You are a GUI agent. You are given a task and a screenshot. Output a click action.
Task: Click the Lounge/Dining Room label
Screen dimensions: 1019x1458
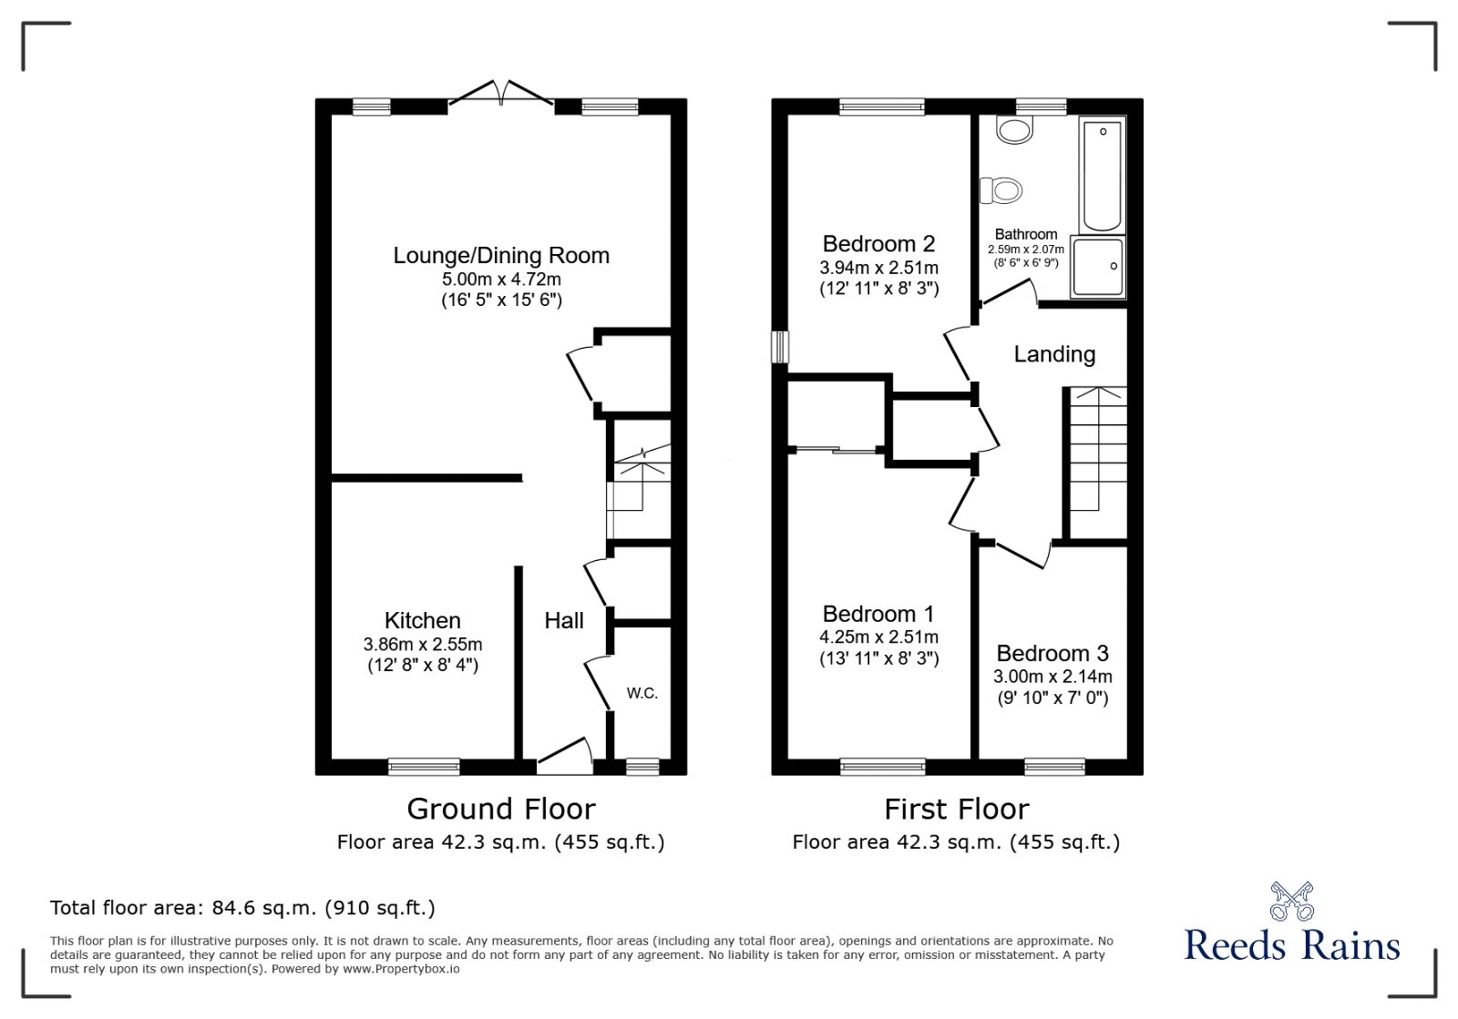[501, 256]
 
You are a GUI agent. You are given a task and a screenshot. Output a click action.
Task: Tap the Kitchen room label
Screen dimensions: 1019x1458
[422, 621]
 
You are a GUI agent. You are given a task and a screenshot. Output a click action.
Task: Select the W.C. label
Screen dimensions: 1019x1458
[642, 693]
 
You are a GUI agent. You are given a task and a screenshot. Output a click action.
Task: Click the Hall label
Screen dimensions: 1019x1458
[563, 621]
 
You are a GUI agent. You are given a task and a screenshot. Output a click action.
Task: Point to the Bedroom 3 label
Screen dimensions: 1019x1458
[1052, 654]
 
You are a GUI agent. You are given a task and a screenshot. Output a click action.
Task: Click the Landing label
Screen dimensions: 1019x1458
[1054, 354]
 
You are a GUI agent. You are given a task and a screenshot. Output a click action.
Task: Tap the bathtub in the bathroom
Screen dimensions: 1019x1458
[1102, 173]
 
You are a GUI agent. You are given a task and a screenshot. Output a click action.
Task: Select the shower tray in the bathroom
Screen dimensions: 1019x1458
[1098, 268]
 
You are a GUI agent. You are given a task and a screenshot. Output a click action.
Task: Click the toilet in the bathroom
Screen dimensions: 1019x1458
[1001, 190]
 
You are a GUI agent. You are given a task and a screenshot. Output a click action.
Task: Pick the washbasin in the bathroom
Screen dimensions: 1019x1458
[1014, 130]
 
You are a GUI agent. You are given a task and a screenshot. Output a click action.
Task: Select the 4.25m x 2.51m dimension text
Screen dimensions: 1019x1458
[878, 637]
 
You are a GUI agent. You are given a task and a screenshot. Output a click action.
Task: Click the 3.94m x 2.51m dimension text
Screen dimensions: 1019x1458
[878, 268]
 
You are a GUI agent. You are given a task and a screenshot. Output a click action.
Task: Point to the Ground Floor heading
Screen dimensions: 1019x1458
[500, 809]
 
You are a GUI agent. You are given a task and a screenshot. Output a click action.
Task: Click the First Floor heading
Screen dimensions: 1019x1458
[956, 809]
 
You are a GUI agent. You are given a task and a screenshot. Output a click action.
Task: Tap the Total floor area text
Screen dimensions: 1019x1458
[242, 908]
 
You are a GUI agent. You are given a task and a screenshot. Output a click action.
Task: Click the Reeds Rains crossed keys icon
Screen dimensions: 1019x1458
[1291, 902]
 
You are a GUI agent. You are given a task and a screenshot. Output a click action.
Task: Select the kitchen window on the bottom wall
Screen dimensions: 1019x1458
[424, 767]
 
